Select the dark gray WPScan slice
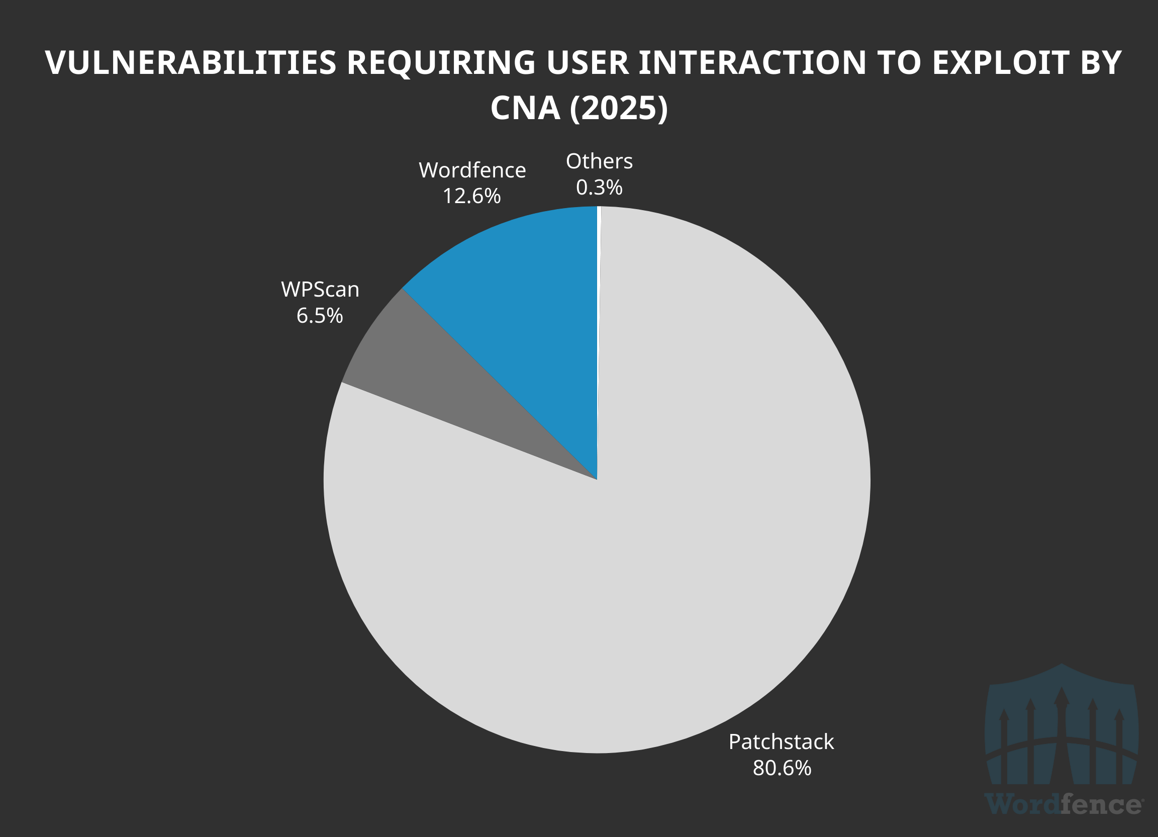(x=434, y=388)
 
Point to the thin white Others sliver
(x=599, y=255)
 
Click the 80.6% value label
(x=782, y=768)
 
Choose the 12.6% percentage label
(x=471, y=196)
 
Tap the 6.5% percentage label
(x=320, y=316)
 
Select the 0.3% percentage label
(x=599, y=188)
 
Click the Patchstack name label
(x=781, y=741)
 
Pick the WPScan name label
(x=320, y=290)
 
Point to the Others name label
(x=599, y=161)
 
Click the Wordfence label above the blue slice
(x=472, y=170)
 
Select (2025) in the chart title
(x=619, y=108)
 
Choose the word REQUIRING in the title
(x=441, y=63)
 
